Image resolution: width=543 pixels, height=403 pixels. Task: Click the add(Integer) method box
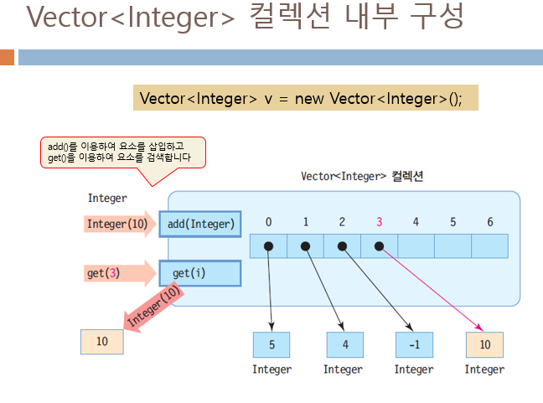point(200,225)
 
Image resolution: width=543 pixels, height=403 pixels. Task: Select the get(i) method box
point(200,273)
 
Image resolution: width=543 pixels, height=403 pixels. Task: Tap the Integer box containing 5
point(271,344)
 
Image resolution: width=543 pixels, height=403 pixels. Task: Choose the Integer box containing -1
point(414,344)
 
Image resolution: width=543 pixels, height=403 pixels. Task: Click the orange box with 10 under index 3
point(484,344)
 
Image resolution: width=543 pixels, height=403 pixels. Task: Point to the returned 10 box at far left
point(102,342)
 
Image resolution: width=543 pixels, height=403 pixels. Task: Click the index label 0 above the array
point(268,222)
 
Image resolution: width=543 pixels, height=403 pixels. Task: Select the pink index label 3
point(379,222)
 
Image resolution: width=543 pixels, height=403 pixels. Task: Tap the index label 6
point(489,222)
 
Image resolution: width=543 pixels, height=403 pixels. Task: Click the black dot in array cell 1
point(306,246)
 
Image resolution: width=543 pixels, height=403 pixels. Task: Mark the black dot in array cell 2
point(342,246)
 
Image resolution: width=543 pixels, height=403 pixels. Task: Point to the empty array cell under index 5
point(452,246)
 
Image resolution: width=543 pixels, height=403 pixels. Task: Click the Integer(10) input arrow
point(120,225)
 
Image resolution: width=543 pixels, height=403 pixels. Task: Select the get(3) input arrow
point(120,273)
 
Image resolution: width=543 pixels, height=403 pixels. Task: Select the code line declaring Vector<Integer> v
point(305,97)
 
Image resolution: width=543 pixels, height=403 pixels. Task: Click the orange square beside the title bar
point(8,57)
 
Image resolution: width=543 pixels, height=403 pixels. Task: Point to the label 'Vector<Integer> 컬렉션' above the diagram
point(362,177)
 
